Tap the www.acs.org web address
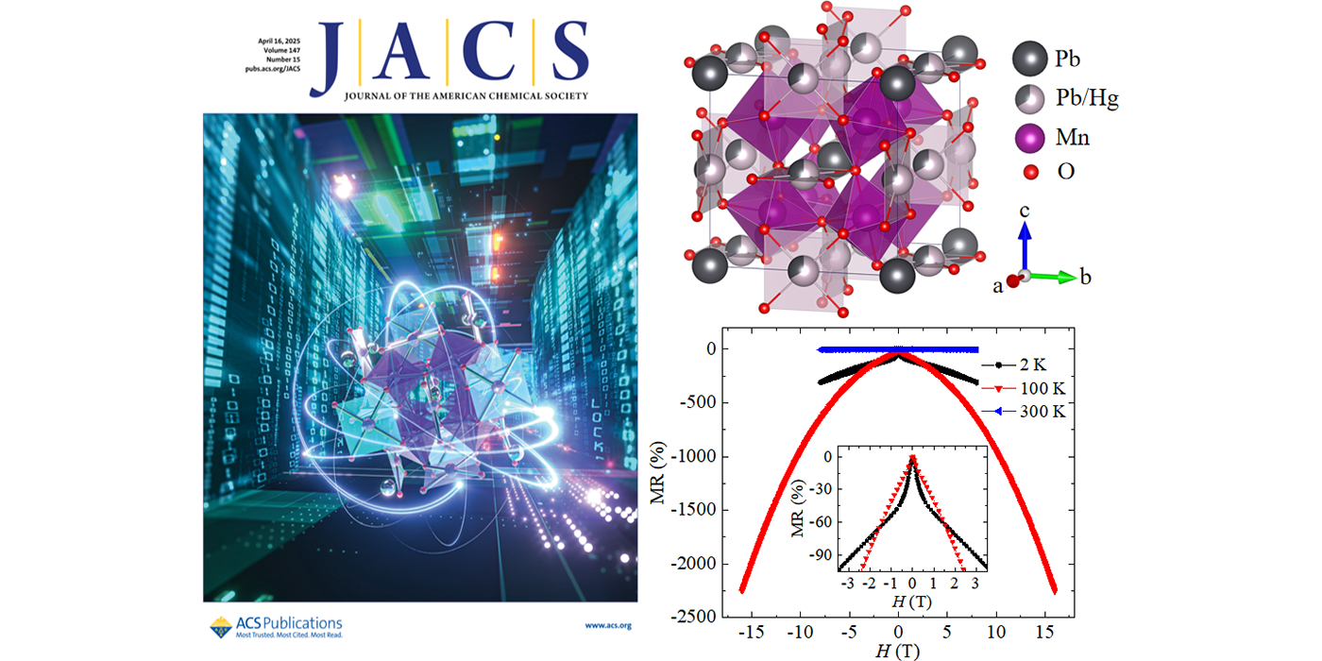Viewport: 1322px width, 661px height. (607, 625)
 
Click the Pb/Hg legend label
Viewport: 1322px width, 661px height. (1086, 97)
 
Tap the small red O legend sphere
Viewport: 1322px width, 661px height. (1030, 172)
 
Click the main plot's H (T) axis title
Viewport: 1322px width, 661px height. (896, 651)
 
